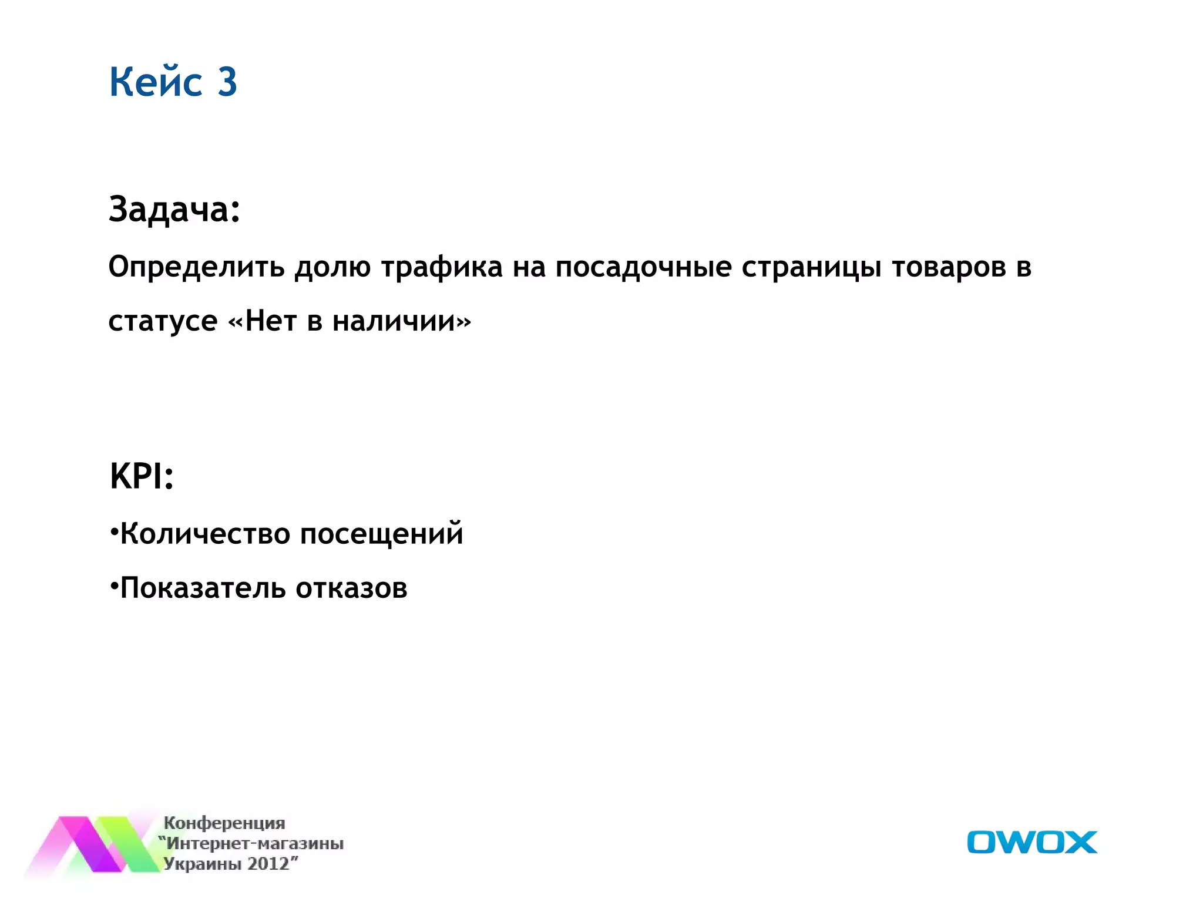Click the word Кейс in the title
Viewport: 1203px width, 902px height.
[156, 82]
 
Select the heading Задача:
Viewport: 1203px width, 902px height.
[174, 209]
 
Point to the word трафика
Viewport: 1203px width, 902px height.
[442, 267]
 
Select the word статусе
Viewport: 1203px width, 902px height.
[163, 321]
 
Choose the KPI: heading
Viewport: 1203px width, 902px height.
[142, 476]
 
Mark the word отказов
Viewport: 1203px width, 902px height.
[351, 588]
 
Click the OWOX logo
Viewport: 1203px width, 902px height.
[1031, 842]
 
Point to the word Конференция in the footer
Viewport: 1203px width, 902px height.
[224, 823]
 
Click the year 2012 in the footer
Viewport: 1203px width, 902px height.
[268, 864]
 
